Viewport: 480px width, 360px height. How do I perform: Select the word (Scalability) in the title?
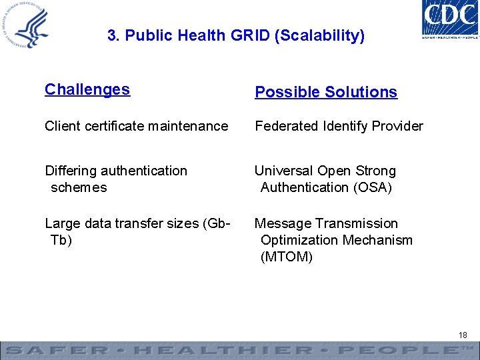tap(319, 35)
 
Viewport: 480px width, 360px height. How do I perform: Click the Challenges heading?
tap(87, 90)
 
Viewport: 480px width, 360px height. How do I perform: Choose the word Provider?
tap(400, 126)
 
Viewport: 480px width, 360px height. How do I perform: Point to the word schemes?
tap(79, 187)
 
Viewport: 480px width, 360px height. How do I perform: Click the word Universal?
tap(285, 171)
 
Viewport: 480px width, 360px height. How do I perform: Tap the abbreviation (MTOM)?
tap(287, 257)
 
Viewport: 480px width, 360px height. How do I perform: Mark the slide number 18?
tap(463, 335)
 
